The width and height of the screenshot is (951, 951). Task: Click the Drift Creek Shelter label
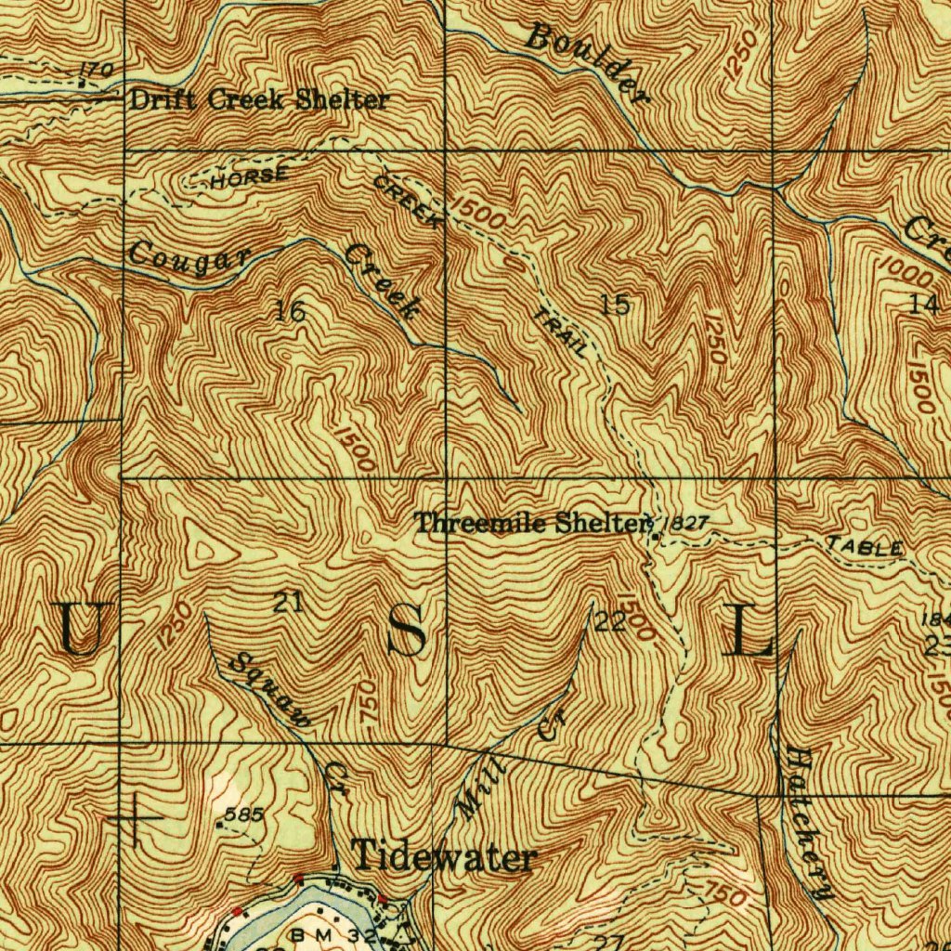click(258, 100)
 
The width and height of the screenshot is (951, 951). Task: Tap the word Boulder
click(585, 63)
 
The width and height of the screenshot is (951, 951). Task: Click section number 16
click(291, 312)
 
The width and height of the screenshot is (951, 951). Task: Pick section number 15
click(616, 304)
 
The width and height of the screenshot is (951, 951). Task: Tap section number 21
click(288, 603)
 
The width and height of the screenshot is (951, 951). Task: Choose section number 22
click(610, 622)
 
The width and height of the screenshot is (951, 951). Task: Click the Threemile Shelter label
click(529, 523)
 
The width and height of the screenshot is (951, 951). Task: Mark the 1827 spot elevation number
click(688, 524)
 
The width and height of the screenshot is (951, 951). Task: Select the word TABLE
click(865, 546)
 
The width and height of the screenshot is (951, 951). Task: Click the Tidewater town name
click(444, 856)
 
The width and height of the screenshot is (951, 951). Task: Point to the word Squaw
click(270, 691)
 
